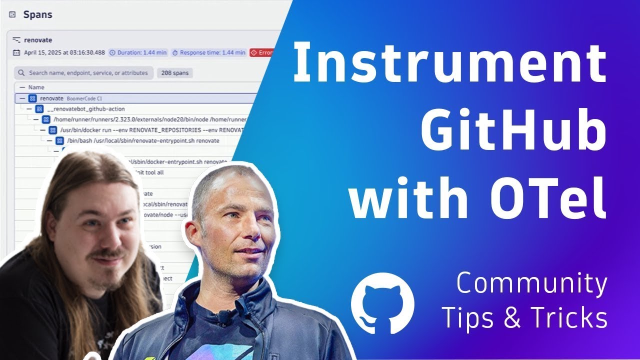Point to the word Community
(531, 284)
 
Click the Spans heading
(37, 14)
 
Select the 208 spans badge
(174, 73)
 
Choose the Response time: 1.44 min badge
(208, 52)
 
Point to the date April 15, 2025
(64, 52)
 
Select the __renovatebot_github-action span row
(85, 109)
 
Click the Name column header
(36, 87)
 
